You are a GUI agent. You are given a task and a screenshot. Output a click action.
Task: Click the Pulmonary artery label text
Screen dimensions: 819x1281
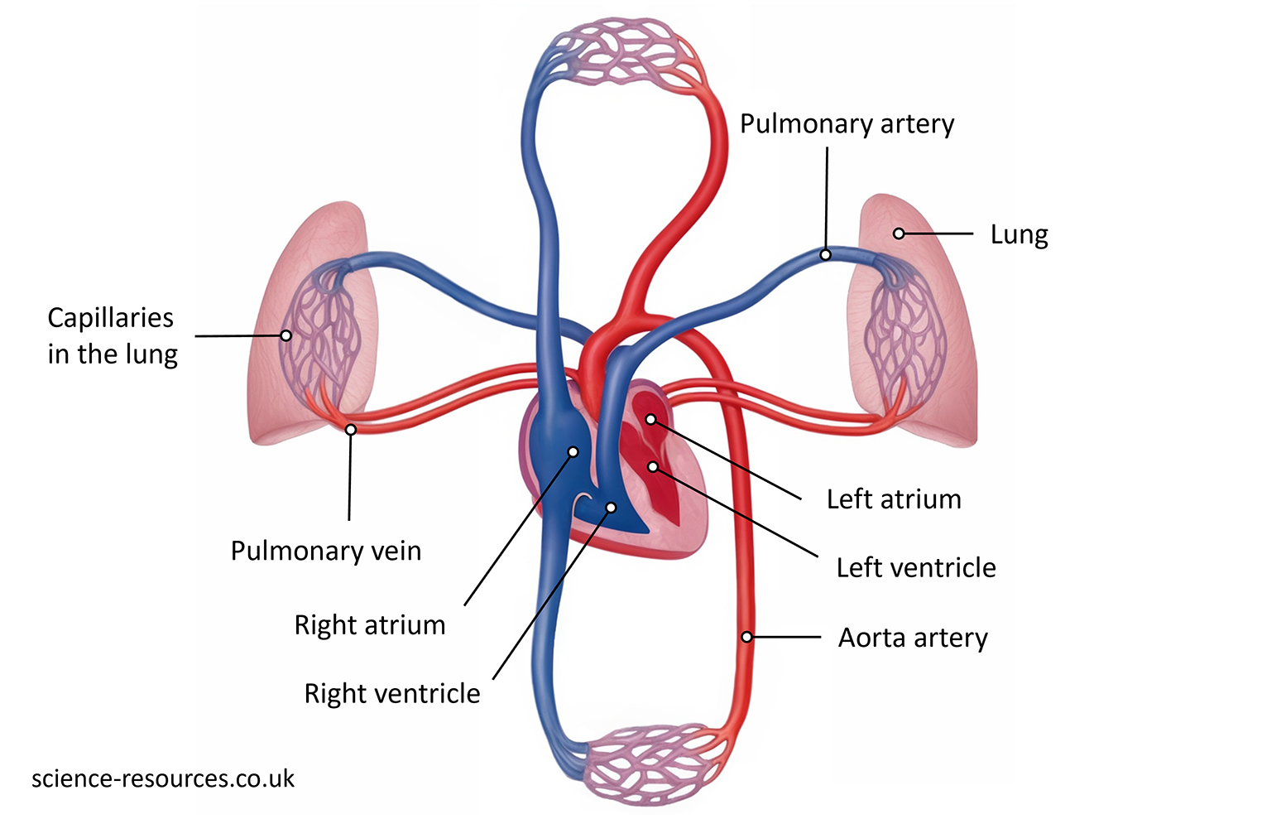tap(847, 124)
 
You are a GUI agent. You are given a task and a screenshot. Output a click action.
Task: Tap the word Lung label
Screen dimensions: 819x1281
tap(1019, 235)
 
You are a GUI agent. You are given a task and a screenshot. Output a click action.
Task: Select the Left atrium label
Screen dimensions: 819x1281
tap(894, 499)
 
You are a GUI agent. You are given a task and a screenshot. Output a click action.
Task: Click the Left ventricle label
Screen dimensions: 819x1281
tap(915, 567)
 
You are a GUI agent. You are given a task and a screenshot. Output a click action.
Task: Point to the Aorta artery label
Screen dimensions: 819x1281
tap(913, 638)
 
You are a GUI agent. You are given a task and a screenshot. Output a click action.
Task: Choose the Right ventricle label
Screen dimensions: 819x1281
tap(391, 693)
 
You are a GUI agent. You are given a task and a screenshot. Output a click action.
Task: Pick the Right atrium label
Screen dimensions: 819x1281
tap(369, 624)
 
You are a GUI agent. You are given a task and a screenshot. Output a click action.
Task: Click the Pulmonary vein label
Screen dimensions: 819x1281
tap(325, 551)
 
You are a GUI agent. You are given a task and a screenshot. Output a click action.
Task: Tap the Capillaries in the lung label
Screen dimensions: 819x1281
tap(112, 335)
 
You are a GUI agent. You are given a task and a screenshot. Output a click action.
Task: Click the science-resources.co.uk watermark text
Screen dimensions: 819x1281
tap(163, 778)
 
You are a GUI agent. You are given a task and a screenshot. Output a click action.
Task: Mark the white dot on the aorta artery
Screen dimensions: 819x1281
tap(746, 637)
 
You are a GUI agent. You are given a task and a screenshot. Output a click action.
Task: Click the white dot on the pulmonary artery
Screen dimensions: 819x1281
tap(825, 255)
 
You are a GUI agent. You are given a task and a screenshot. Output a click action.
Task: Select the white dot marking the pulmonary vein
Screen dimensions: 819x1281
tap(351, 430)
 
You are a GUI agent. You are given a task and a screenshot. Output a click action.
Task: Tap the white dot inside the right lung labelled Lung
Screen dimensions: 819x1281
tap(899, 234)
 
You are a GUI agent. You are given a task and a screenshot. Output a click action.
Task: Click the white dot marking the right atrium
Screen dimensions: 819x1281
tap(573, 452)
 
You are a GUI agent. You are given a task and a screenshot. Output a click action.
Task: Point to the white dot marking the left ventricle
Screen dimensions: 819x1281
tap(653, 467)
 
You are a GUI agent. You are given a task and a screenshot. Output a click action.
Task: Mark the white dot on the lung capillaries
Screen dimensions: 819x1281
tap(285, 335)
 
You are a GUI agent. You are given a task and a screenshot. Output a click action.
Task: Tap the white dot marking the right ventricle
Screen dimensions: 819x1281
tap(611, 507)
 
